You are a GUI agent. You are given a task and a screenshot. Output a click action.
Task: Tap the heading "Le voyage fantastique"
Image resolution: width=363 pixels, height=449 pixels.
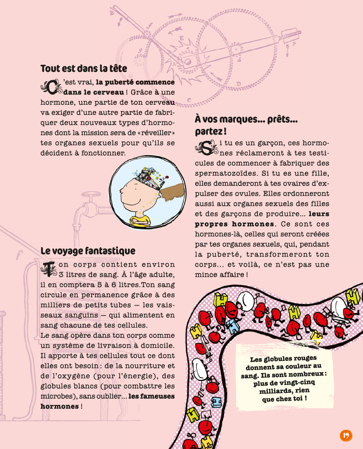click(x=88, y=251)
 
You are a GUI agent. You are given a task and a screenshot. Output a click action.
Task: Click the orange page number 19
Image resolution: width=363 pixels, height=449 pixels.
click(x=345, y=435)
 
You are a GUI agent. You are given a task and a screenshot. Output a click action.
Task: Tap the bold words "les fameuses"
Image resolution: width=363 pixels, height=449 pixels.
click(x=152, y=396)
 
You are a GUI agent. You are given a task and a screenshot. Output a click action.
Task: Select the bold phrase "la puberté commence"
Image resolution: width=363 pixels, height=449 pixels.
click(x=135, y=82)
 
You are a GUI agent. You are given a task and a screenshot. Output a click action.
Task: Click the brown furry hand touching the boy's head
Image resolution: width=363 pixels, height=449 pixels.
click(x=175, y=192)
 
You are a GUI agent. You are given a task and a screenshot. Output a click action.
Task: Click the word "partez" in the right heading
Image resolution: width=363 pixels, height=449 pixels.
click(x=210, y=131)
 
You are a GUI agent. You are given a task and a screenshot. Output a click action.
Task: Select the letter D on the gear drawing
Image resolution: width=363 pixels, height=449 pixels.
click(x=238, y=83)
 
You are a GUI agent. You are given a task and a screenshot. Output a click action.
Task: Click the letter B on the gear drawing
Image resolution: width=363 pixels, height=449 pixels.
click(x=112, y=13)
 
